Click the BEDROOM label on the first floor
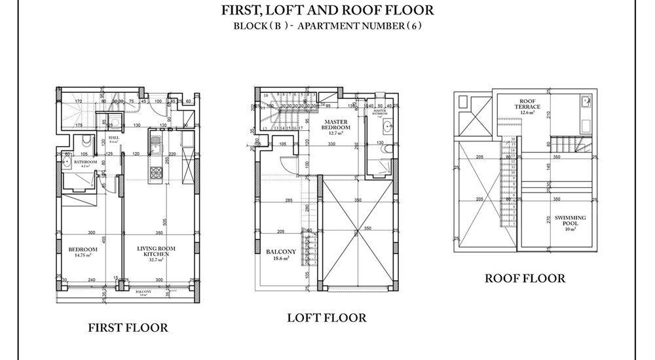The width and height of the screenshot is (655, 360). click(83, 249)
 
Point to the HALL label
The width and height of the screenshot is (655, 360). click(112, 137)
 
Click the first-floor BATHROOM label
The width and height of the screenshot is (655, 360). click(85, 162)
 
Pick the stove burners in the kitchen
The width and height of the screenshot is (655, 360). click(157, 173)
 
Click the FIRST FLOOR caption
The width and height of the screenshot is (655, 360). click(128, 327)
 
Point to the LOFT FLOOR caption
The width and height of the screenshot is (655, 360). click(326, 317)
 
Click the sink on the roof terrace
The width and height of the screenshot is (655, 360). click(585, 101)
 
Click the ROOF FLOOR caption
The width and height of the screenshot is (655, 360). click(524, 278)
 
